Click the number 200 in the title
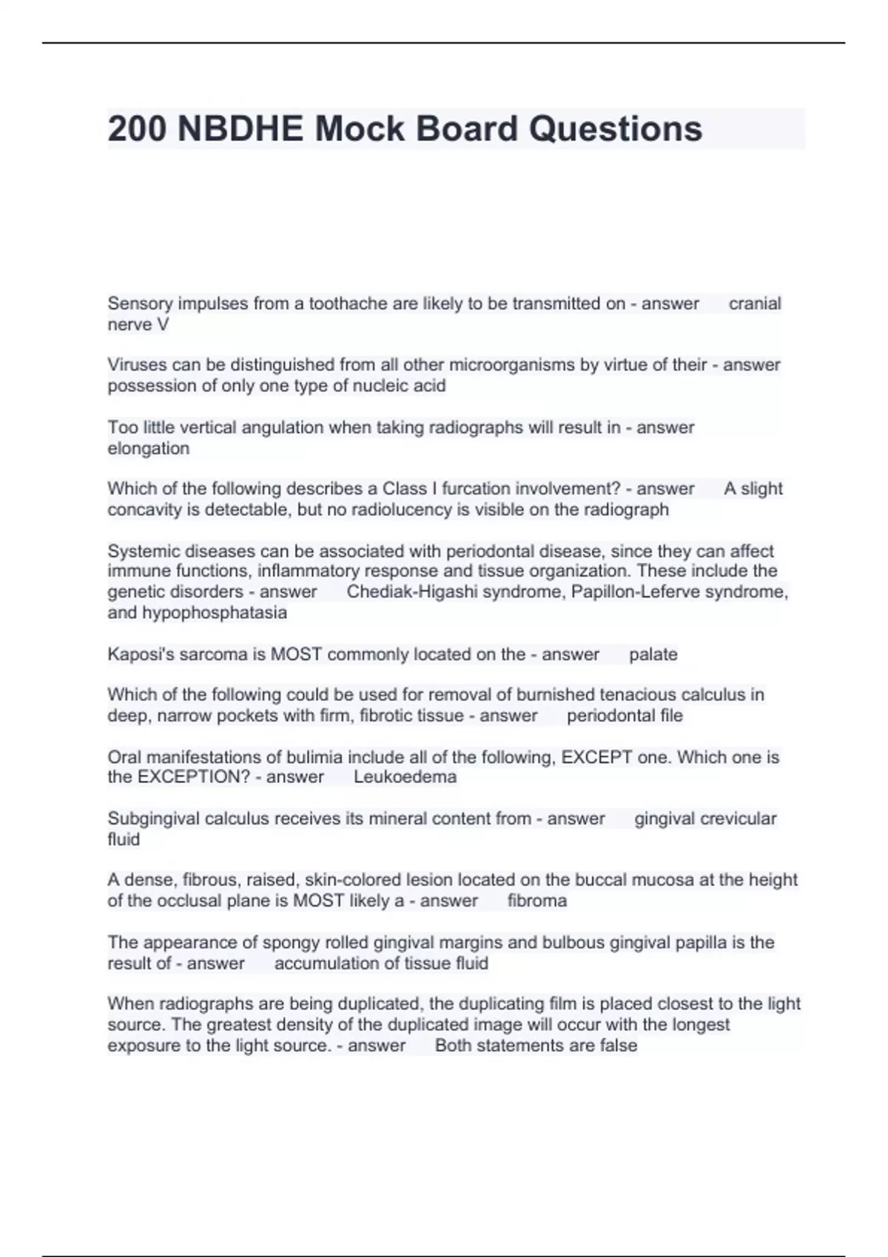pyautogui.click(x=137, y=129)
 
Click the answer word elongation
pyautogui.click(x=149, y=449)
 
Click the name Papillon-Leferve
pyautogui.click(x=635, y=592)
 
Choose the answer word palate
pyautogui.click(x=653, y=654)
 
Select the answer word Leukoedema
pyautogui.click(x=405, y=777)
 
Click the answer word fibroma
pyautogui.click(x=537, y=901)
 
